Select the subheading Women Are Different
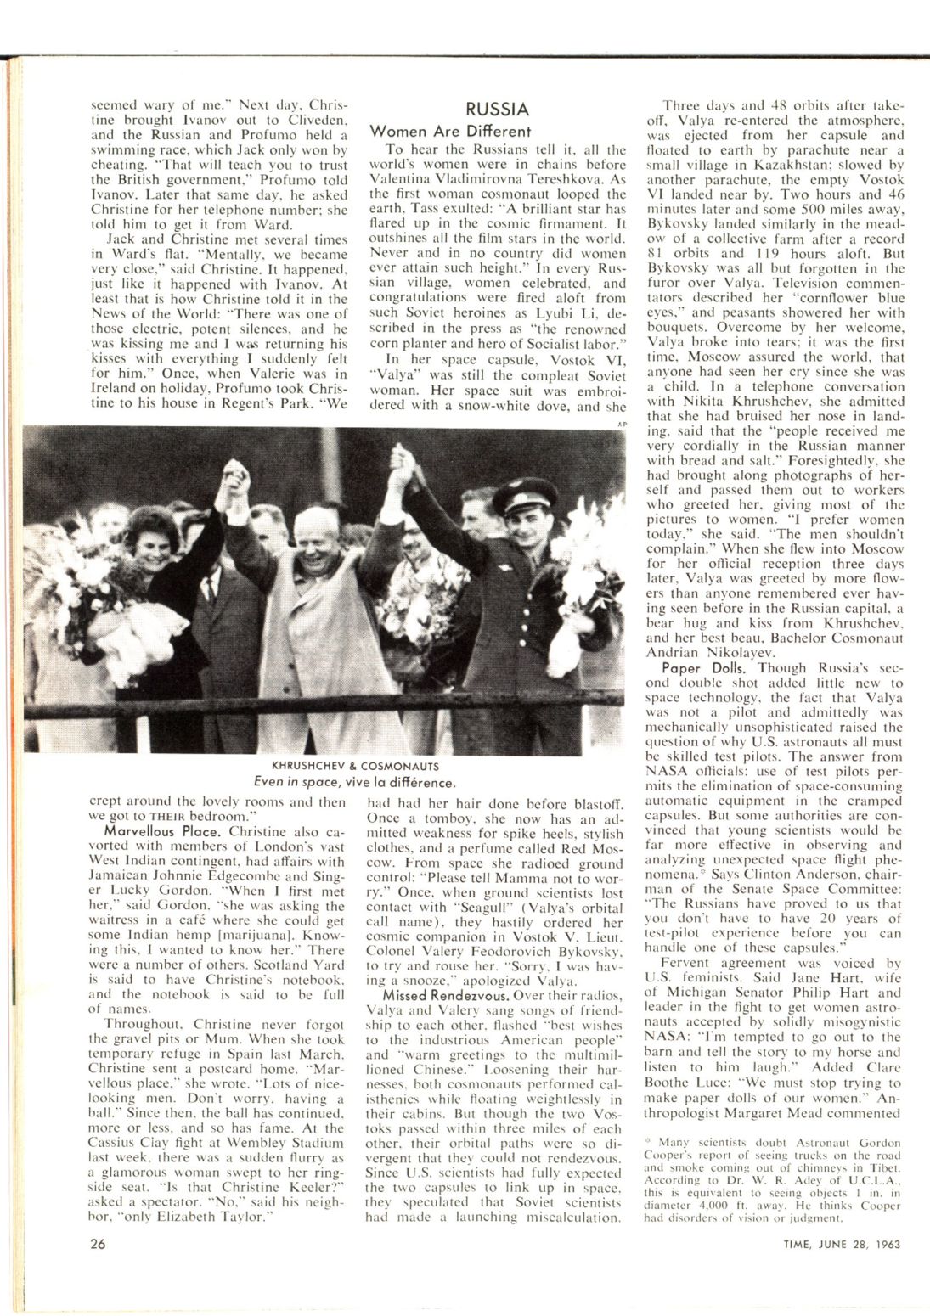coord(450,132)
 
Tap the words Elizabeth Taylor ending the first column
coord(228,1216)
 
